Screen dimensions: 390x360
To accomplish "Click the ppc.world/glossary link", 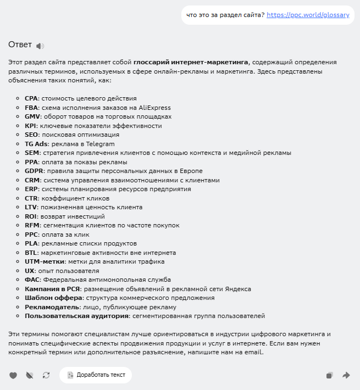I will point(308,15).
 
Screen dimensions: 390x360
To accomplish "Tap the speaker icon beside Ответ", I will point(40,46).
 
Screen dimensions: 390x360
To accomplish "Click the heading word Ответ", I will point(20,44).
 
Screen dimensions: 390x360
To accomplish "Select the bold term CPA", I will point(31,98).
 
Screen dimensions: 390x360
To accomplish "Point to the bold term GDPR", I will point(34,171).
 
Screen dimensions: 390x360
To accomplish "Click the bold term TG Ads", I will point(36,144).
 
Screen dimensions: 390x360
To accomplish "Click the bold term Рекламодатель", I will point(52,307).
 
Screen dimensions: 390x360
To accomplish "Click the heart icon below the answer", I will point(13,375).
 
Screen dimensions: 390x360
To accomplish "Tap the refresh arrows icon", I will point(46,375).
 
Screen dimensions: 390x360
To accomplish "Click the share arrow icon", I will point(346,375).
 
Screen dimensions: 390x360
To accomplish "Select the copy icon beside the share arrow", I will point(329,375).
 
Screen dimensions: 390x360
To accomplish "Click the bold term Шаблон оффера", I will point(50,298).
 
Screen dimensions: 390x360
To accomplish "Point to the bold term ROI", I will point(31,216).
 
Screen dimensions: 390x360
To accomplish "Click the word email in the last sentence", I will point(254,352).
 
